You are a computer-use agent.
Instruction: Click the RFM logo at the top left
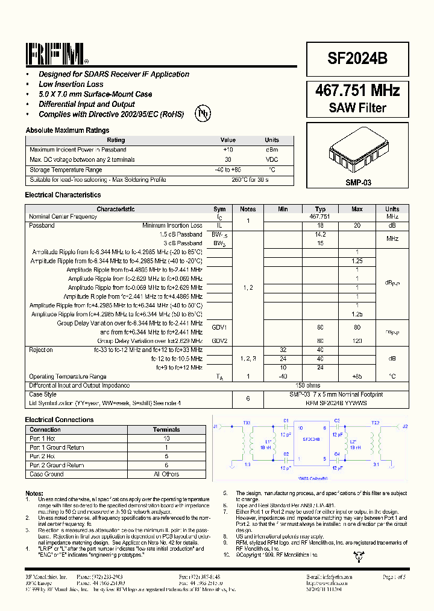(x=56, y=54)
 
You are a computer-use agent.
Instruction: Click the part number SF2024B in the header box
(x=357, y=59)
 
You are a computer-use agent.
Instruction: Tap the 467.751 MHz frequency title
(x=357, y=91)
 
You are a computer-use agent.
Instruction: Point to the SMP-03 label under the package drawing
(x=357, y=181)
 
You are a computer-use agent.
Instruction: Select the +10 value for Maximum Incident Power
(x=228, y=150)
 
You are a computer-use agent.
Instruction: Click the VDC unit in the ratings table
(x=272, y=160)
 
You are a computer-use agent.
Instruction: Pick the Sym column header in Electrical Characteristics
(x=219, y=209)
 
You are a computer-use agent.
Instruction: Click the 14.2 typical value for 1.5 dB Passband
(x=320, y=234)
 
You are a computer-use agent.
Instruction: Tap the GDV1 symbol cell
(x=219, y=327)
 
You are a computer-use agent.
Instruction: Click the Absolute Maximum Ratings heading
(x=68, y=130)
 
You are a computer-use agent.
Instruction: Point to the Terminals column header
(x=166, y=430)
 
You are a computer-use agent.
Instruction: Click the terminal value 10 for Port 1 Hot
(x=166, y=439)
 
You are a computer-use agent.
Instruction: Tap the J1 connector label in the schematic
(x=216, y=426)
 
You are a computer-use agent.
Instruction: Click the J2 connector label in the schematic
(x=405, y=426)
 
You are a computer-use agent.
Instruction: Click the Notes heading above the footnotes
(x=34, y=493)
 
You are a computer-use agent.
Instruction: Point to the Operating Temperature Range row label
(x=68, y=376)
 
